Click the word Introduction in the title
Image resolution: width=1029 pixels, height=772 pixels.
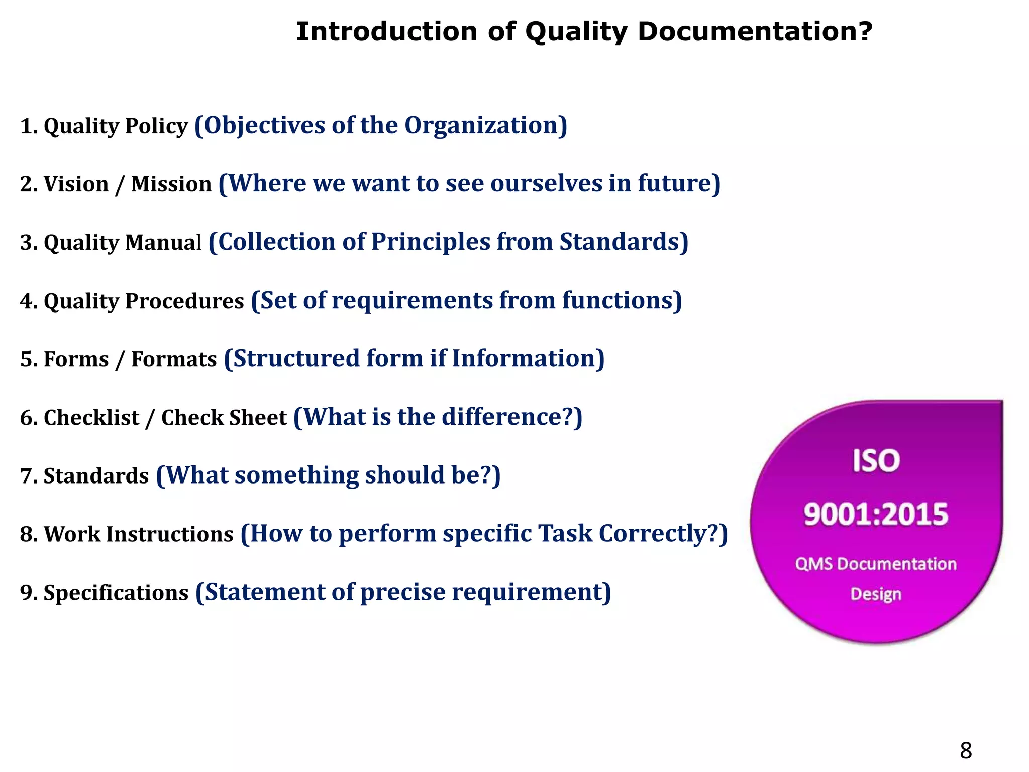pyautogui.click(x=386, y=32)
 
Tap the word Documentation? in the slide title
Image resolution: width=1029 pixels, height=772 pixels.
pyautogui.click(x=755, y=32)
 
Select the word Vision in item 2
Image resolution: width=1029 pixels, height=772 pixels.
pyautogui.click(x=76, y=184)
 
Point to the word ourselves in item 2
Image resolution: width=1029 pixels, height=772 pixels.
pyautogui.click(x=546, y=183)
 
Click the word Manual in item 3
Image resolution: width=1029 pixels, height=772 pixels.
pyautogui.click(x=163, y=243)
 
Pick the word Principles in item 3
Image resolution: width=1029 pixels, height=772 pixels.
pyautogui.click(x=430, y=242)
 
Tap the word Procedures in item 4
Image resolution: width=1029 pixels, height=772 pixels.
pyautogui.click(x=184, y=301)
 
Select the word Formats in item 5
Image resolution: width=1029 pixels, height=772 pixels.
pyautogui.click(x=174, y=359)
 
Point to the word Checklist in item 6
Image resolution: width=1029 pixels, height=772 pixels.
pyautogui.click(x=91, y=418)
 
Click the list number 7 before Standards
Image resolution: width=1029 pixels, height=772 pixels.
pyautogui.click(x=26, y=476)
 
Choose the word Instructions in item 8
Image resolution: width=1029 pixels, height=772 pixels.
pyautogui.click(x=170, y=534)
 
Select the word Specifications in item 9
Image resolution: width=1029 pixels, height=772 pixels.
pyautogui.click(x=116, y=593)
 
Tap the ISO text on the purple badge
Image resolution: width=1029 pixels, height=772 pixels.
pyautogui.click(x=876, y=461)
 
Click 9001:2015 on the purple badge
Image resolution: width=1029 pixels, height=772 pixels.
pyautogui.click(x=876, y=515)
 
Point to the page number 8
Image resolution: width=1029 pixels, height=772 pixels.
pyautogui.click(x=966, y=750)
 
